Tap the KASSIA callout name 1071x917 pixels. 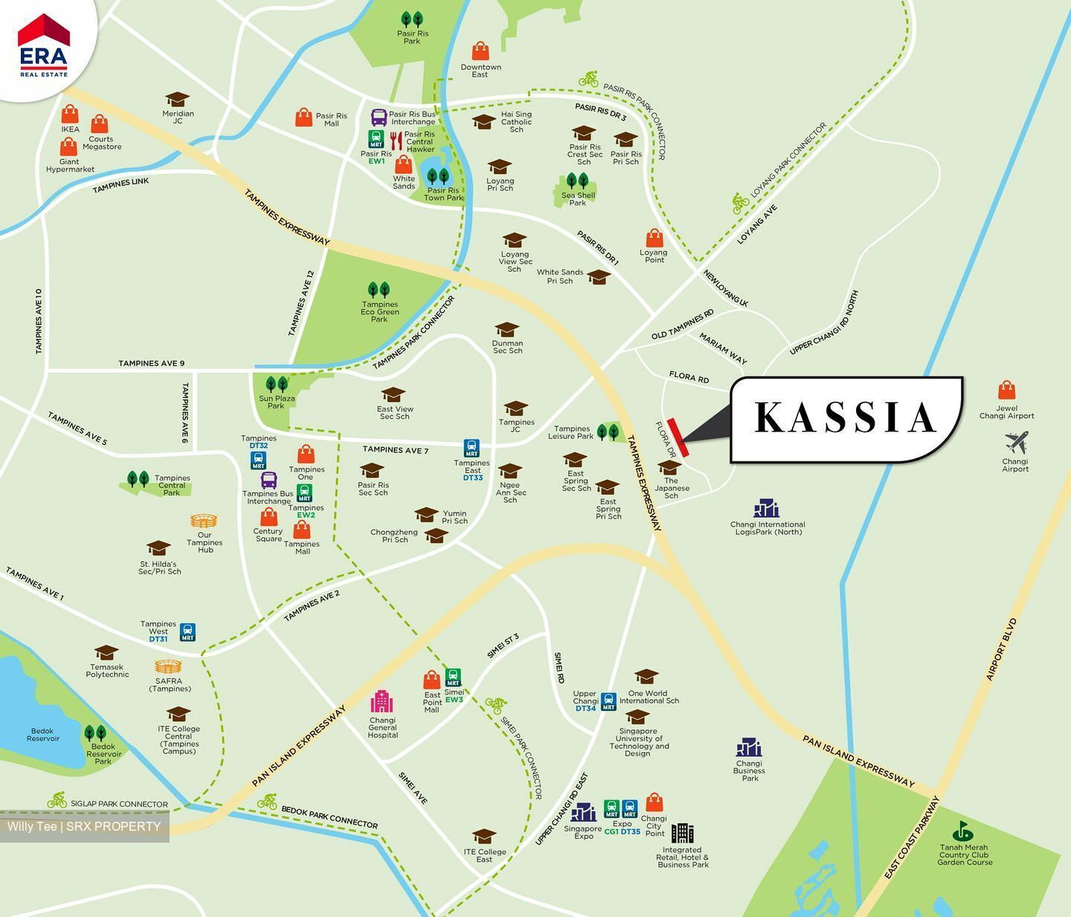pyautogui.click(x=846, y=418)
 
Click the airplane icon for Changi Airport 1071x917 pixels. pyautogui.click(x=1016, y=443)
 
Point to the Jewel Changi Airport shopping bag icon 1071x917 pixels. pyautogui.click(x=1006, y=390)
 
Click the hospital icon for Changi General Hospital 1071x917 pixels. pyautogui.click(x=382, y=701)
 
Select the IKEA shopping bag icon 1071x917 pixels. pyautogui.click(x=70, y=114)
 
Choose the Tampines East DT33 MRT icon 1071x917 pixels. pyautogui.click(x=472, y=448)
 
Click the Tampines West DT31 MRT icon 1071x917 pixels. pyautogui.click(x=187, y=632)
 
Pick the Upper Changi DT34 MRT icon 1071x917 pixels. pyautogui.click(x=608, y=701)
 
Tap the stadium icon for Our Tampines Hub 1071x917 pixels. pyautogui.click(x=204, y=521)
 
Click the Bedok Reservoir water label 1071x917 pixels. pyautogui.click(x=42, y=735)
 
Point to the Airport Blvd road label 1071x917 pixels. pyautogui.click(x=1001, y=649)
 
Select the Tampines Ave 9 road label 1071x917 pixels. pyautogui.click(x=151, y=363)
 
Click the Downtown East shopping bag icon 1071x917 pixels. pyautogui.click(x=480, y=51)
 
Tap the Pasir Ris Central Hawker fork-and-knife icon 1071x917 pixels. pyautogui.click(x=396, y=140)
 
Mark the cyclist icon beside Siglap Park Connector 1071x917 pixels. pyautogui.click(x=57, y=801)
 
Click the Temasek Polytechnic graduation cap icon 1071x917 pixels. pyautogui.click(x=106, y=652)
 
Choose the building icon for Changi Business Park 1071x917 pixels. pyautogui.click(x=749, y=747)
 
